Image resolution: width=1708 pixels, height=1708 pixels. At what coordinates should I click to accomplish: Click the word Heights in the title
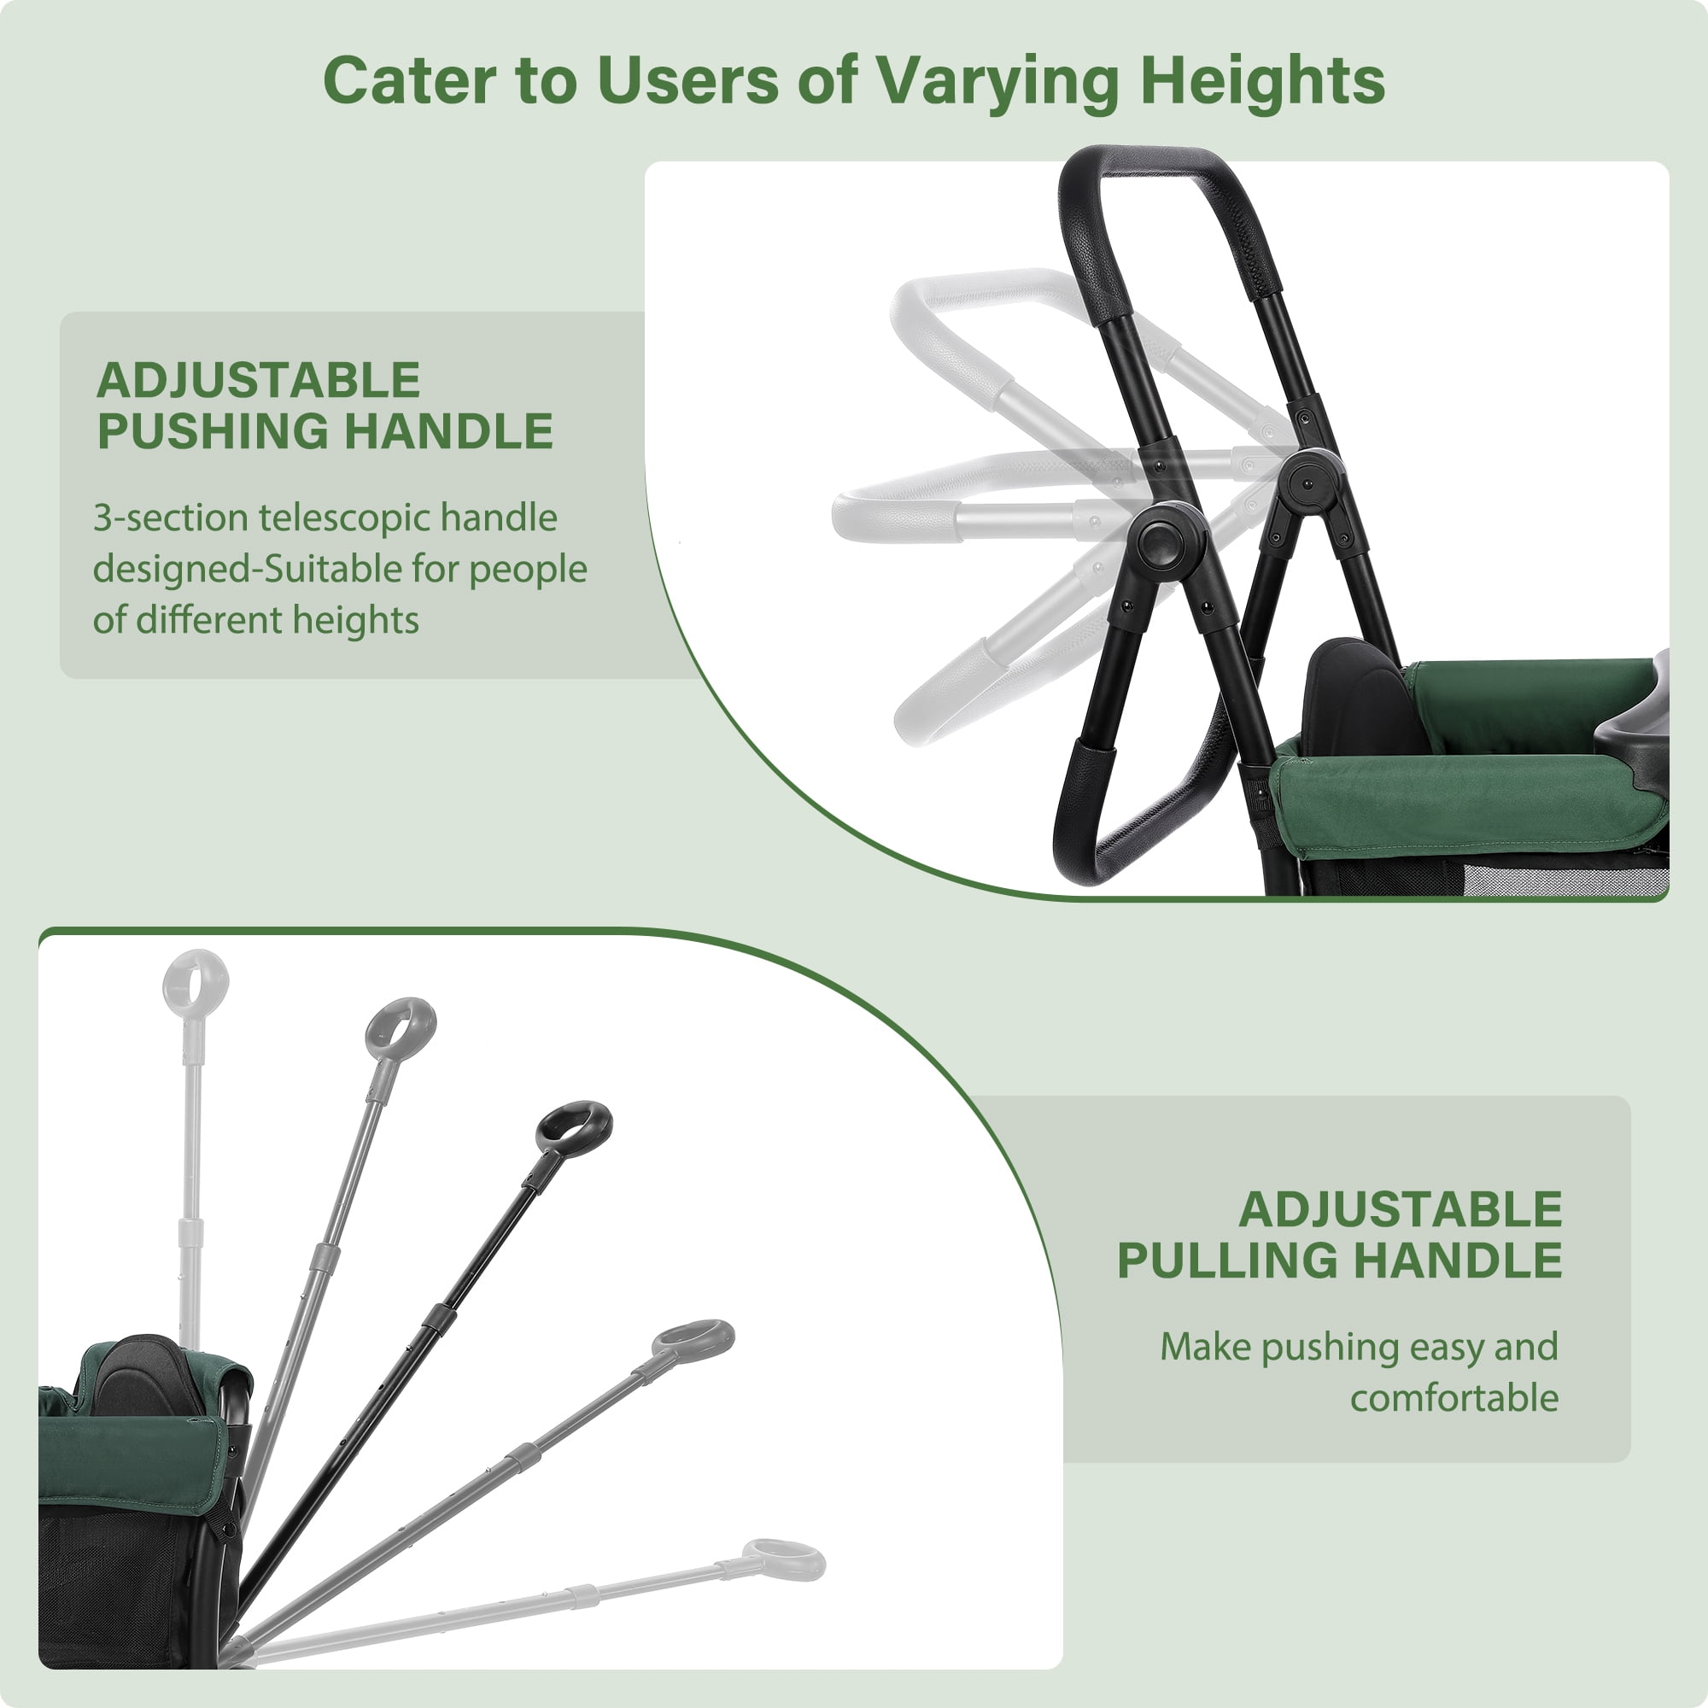coord(1261,81)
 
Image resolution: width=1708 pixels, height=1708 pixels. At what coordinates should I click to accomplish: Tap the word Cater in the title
coord(409,80)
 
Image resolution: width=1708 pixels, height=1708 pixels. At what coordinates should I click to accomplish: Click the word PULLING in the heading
coord(1226,1260)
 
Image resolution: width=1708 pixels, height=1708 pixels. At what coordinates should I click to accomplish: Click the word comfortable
coord(1454,1398)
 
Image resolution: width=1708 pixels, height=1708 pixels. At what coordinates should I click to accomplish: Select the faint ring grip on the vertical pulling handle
coord(196,982)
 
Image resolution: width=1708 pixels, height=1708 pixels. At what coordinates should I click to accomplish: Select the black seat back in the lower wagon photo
coord(148,1377)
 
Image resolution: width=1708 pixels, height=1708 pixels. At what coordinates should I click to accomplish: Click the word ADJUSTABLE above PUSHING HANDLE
coord(258,381)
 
